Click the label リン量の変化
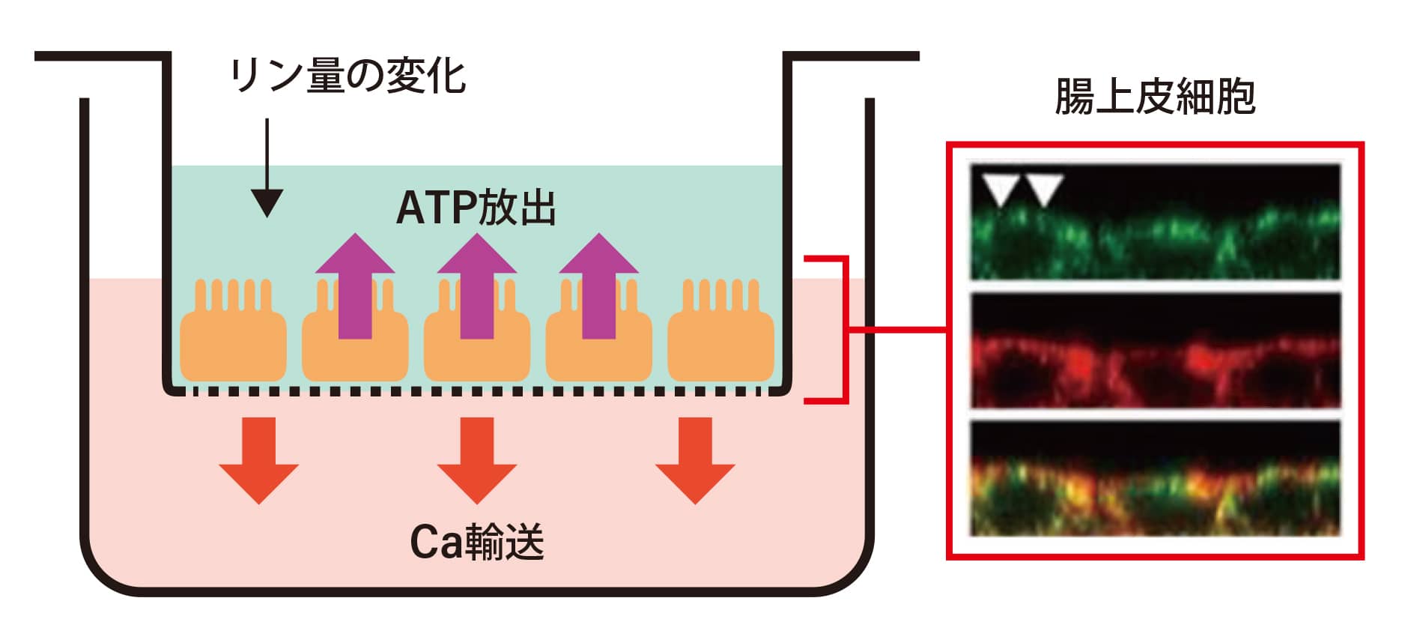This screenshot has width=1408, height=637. coord(348,76)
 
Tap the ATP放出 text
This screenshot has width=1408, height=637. coord(476,208)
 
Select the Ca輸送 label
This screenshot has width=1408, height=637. coord(476,542)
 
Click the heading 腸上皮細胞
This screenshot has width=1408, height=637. coord(1155,97)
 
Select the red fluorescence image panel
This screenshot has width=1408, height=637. coord(1155,350)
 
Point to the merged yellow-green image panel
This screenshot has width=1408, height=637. coord(1155,478)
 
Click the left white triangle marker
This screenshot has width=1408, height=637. coord(1000,187)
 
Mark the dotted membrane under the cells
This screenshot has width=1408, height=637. coord(477,391)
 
